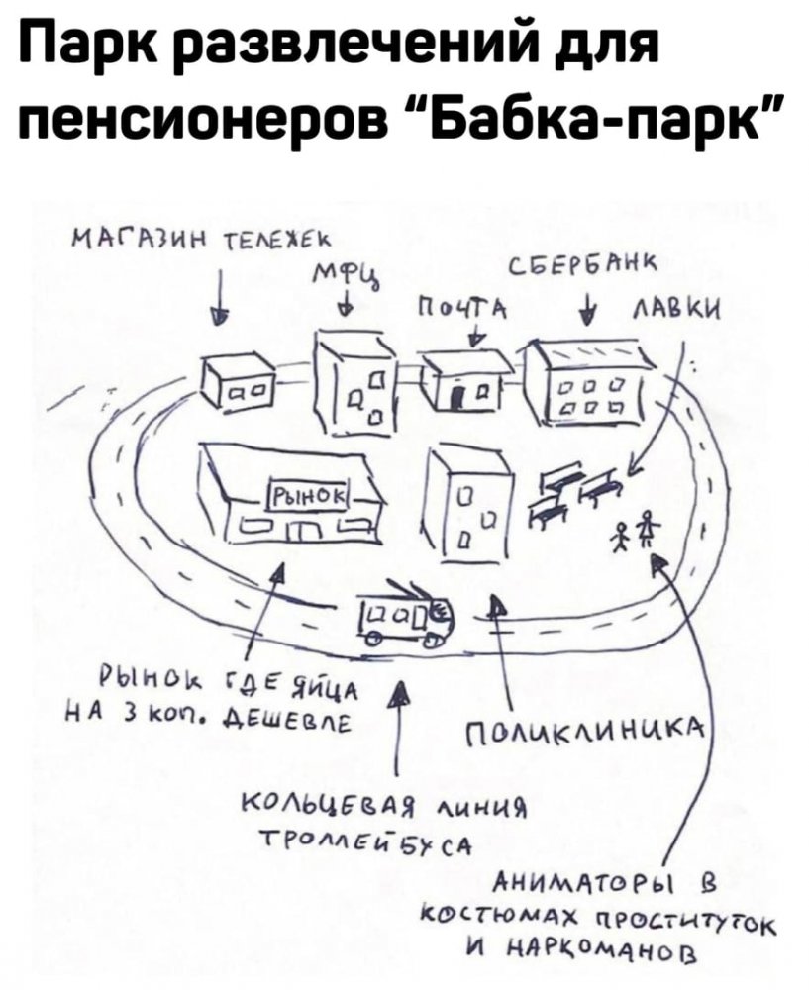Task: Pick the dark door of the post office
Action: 457,400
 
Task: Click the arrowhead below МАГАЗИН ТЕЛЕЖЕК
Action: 220,316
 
